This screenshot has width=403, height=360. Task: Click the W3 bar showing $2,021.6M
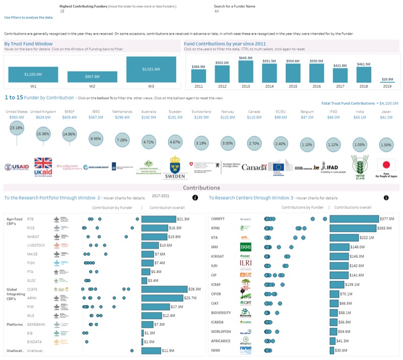click(x=151, y=70)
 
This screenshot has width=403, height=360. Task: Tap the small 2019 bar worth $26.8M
click(x=387, y=82)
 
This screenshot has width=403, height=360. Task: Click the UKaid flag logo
click(x=43, y=166)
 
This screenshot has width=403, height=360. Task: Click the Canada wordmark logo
click(x=254, y=167)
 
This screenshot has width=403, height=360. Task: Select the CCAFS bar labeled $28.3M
click(x=158, y=289)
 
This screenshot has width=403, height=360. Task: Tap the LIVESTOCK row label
click(x=36, y=245)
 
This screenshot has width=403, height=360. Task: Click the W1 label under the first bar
click(x=33, y=86)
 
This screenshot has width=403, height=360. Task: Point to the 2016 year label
click(x=316, y=86)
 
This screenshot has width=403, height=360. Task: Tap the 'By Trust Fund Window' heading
click(x=25, y=44)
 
